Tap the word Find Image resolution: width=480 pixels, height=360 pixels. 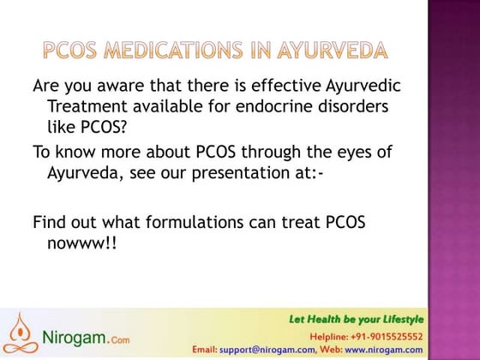(50, 222)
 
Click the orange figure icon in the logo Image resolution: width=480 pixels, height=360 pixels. (21, 331)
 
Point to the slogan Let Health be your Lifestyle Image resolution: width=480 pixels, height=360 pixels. (355, 320)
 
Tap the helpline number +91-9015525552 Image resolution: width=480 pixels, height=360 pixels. (389, 336)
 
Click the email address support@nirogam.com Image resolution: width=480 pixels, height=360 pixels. (266, 350)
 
